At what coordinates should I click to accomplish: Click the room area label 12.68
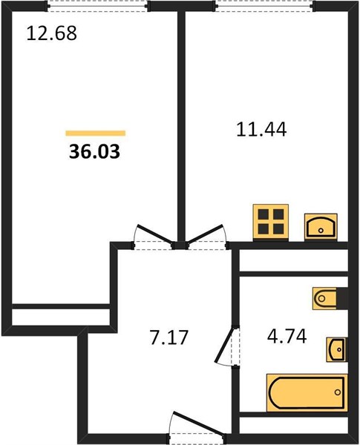tap(51, 33)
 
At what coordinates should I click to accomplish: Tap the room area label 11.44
tap(261, 129)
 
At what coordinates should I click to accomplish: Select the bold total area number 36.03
tap(94, 151)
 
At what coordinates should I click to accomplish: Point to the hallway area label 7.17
tap(168, 337)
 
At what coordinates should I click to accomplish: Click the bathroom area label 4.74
tap(287, 336)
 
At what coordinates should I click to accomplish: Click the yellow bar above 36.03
tap(96, 133)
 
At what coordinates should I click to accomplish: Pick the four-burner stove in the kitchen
tap(271, 222)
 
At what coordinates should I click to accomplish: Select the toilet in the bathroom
tap(324, 298)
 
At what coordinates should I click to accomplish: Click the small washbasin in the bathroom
tap(337, 349)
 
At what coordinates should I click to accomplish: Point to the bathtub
tap(307, 392)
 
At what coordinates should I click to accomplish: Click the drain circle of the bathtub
tap(338, 392)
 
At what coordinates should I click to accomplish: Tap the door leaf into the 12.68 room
tap(155, 234)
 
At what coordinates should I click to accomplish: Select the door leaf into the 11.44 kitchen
tap(205, 234)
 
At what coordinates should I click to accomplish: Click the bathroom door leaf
tap(226, 345)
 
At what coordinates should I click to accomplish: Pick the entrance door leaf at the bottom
tap(198, 423)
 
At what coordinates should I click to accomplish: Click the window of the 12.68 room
tap(97, 6)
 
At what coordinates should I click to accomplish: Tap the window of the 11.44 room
tap(264, 6)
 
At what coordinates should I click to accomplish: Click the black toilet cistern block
tap(342, 298)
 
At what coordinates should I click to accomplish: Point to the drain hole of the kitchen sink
tap(321, 231)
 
